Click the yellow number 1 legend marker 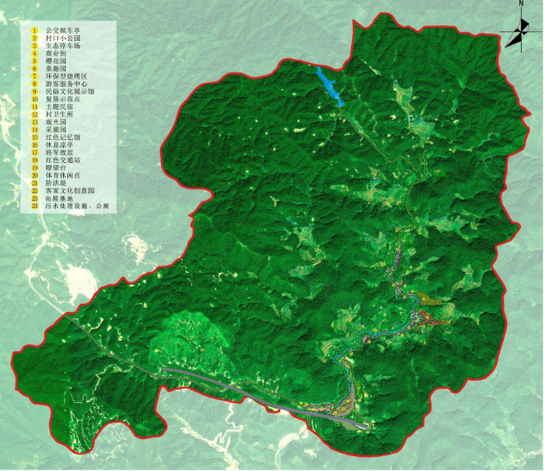coord(35,29)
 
